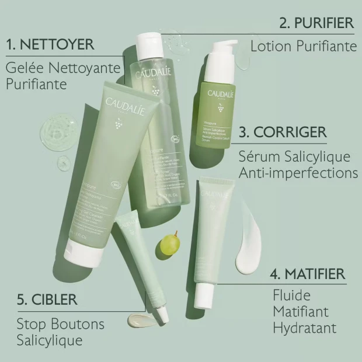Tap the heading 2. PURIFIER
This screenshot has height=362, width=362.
click(316, 23)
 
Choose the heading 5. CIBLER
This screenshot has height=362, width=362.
click(47, 300)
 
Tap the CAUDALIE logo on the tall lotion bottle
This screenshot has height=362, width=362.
click(153, 74)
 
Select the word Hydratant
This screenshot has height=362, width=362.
click(304, 327)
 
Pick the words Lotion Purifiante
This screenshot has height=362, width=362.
click(304, 45)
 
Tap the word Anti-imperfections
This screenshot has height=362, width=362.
click(298, 173)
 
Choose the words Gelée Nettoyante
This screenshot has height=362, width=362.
click(62, 68)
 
